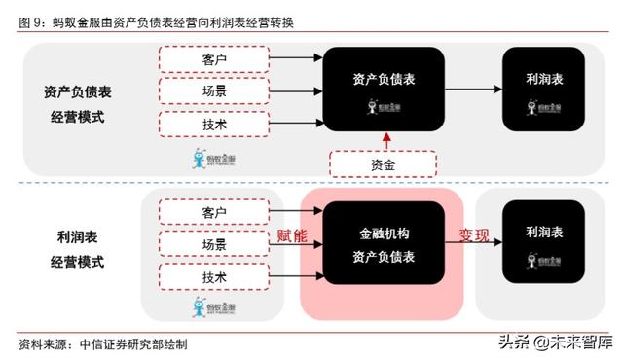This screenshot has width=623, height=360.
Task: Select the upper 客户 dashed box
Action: click(213, 58)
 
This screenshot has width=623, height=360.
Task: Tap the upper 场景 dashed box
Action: click(213, 91)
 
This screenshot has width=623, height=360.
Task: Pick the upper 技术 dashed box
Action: click(213, 125)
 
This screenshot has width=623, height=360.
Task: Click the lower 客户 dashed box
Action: click(213, 211)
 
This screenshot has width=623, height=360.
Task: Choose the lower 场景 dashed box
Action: click(213, 244)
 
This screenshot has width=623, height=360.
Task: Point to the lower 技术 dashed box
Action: click(213, 277)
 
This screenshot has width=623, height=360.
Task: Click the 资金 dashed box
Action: click(383, 165)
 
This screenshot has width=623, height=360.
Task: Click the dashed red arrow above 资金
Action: click(383, 142)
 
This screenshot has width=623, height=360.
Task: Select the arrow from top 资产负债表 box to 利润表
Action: click(473, 91)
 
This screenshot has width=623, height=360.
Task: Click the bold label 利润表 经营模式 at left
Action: click(77, 248)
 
